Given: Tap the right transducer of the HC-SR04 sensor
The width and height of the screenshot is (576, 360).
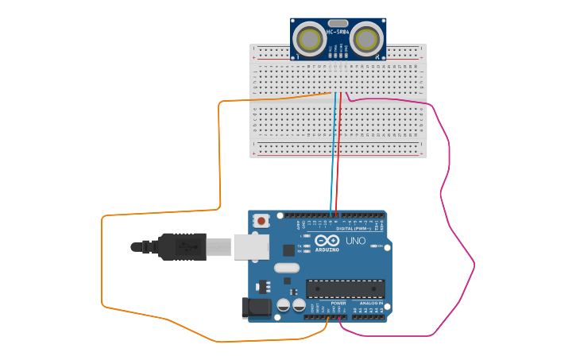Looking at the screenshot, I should (x=367, y=38).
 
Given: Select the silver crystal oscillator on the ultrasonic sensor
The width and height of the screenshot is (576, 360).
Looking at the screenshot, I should (x=338, y=23).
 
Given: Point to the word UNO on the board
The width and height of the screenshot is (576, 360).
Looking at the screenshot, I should (x=355, y=240).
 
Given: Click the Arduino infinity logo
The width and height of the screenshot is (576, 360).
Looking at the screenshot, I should (x=327, y=241).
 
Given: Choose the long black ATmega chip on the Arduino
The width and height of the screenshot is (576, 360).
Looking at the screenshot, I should (x=346, y=289).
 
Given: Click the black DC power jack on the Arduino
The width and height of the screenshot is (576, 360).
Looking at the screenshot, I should (x=256, y=307).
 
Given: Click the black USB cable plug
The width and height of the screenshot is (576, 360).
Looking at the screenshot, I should (x=183, y=246).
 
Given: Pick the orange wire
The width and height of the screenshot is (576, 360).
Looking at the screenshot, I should (x=219, y=159).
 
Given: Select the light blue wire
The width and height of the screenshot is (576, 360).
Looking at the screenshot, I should (x=331, y=159).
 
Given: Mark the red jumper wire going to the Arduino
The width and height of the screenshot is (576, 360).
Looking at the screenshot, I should (x=338, y=159).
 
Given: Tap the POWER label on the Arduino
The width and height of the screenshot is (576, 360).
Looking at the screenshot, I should (x=338, y=303).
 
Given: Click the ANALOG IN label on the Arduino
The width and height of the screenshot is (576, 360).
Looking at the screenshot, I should (x=369, y=303).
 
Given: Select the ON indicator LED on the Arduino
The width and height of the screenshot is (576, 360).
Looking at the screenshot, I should (x=373, y=246).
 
